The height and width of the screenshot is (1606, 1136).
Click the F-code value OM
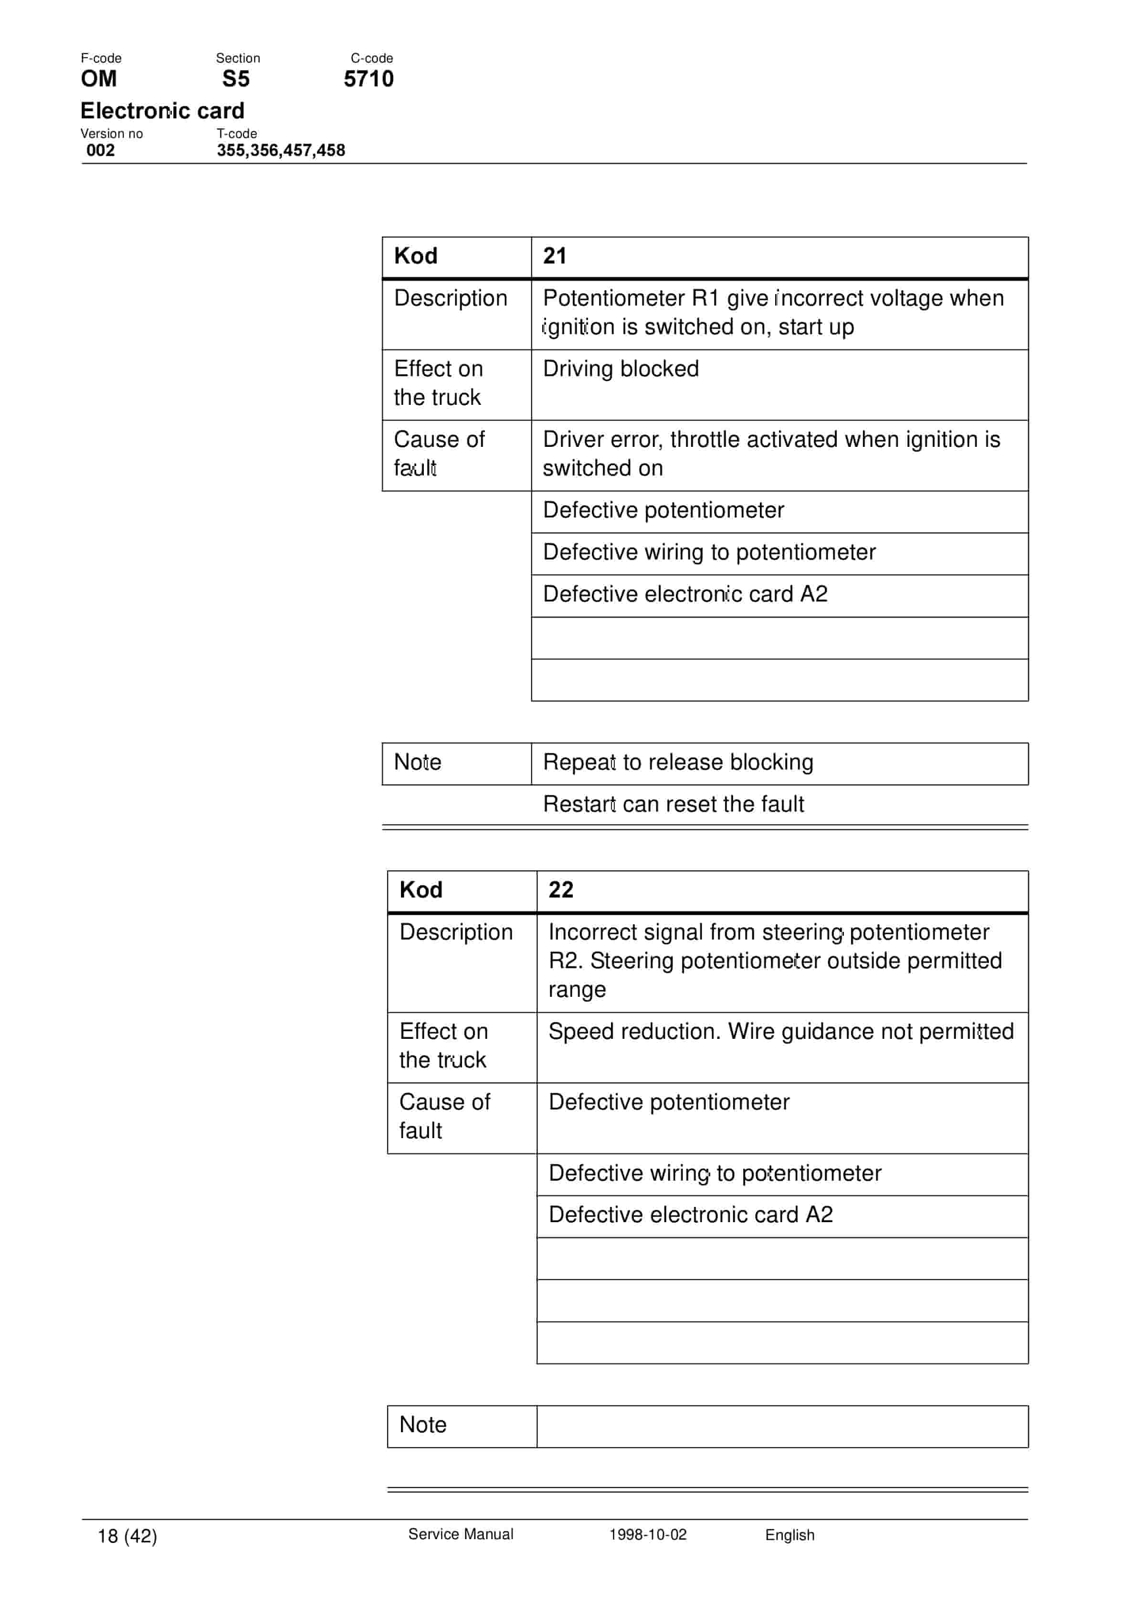point(99,79)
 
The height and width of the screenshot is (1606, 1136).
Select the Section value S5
point(236,79)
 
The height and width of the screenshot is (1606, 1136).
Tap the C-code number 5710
point(368,79)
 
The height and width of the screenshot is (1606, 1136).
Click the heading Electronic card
point(162,110)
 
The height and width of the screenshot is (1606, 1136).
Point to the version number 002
point(101,150)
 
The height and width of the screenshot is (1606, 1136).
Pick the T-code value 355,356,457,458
point(281,150)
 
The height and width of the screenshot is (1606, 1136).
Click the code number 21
point(555,256)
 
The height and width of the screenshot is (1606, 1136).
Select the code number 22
point(560,890)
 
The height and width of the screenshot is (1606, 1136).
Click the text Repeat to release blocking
point(678,762)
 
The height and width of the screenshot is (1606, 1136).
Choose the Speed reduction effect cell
point(781,1031)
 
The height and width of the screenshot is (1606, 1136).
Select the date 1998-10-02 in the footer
point(648,1535)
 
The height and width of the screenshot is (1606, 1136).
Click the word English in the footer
point(790,1535)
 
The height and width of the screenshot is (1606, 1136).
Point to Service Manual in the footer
point(460,1535)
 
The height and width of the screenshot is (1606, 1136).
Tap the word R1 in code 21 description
point(705,298)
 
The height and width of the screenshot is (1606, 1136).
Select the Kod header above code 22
point(421,890)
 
